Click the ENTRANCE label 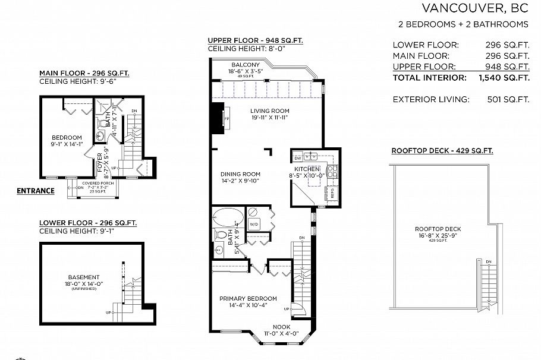pyautogui.click(x=35, y=191)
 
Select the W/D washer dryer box pyautogui.click(x=254, y=224)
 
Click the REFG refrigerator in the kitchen pyautogui.click(x=332, y=193)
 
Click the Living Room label pyautogui.click(x=269, y=111)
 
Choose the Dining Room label pyautogui.click(x=241, y=174)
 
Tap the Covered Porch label pyautogui.click(x=99, y=183)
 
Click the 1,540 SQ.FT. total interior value pyautogui.click(x=504, y=77)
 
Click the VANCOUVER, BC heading pyautogui.click(x=475, y=8)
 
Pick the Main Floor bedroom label pyautogui.click(x=62, y=135)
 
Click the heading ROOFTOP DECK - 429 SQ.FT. pyautogui.click(x=442, y=151)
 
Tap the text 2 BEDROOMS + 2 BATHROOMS pyautogui.click(x=463, y=24)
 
